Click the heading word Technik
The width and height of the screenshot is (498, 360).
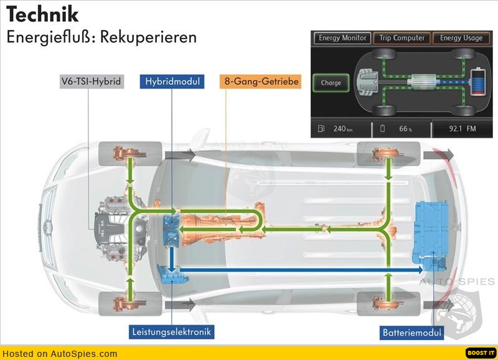point(42,14)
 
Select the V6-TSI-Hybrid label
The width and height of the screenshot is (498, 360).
point(91,82)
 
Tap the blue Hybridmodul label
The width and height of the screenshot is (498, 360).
point(172,82)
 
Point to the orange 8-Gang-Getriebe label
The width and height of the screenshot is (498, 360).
point(260,82)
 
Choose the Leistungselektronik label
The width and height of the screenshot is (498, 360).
point(172,332)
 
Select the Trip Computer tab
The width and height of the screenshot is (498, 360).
point(402,38)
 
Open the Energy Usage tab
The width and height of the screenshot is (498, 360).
point(461,38)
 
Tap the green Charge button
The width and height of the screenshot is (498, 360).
point(331,83)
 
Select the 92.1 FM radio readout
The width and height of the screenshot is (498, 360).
point(462,128)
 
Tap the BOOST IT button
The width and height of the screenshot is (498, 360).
point(481,353)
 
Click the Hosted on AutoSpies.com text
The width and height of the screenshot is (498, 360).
point(59,353)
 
